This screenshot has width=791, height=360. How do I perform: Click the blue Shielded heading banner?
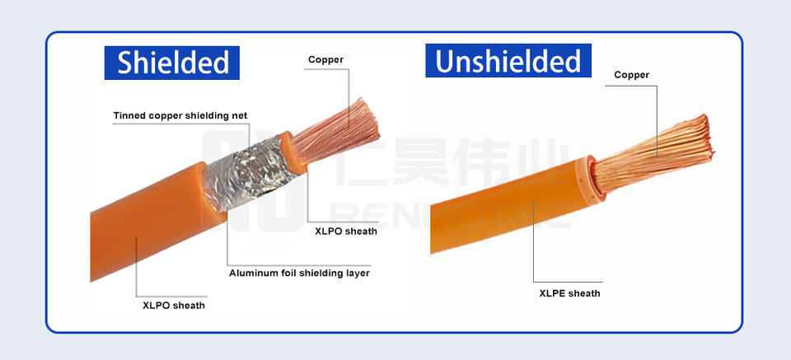(172, 63)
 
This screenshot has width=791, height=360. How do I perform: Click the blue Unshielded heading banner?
(508, 61)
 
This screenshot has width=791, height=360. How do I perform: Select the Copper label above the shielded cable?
(325, 59)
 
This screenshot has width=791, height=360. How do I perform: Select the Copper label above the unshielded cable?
(632, 75)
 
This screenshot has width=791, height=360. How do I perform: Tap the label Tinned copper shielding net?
(180, 115)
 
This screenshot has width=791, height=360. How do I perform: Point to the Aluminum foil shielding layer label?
(299, 273)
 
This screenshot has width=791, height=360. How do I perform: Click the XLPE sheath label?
(569, 293)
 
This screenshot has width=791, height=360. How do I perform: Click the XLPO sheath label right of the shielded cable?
(346, 231)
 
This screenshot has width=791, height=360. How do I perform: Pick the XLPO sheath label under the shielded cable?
(174, 306)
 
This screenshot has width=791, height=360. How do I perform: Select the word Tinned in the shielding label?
(130, 115)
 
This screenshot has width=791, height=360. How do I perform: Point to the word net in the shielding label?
(240, 115)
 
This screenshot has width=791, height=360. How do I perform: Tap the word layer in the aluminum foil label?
(356, 273)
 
